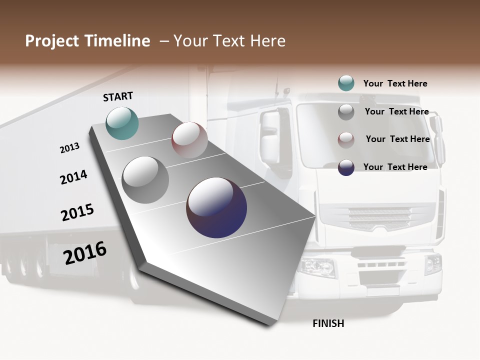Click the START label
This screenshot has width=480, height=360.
(x=118, y=96)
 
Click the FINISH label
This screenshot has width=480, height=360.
(x=328, y=323)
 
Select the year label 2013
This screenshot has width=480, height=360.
(x=69, y=148)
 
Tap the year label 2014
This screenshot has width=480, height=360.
(x=73, y=177)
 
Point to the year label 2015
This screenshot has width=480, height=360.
(x=77, y=212)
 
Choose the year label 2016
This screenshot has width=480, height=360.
(x=85, y=253)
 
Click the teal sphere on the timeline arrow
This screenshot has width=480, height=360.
(x=122, y=123)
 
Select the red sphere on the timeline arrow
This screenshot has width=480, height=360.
(x=189, y=140)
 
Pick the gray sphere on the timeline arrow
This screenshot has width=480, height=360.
(x=145, y=180)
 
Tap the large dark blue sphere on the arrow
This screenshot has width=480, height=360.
(x=216, y=207)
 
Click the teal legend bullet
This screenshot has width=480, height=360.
(x=346, y=83)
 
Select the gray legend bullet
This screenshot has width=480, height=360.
(x=346, y=112)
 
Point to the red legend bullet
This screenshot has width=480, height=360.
(x=346, y=139)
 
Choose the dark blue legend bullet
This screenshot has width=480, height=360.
(x=346, y=167)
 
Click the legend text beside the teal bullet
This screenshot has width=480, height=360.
(x=395, y=83)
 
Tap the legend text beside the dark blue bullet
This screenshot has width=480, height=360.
(x=395, y=167)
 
